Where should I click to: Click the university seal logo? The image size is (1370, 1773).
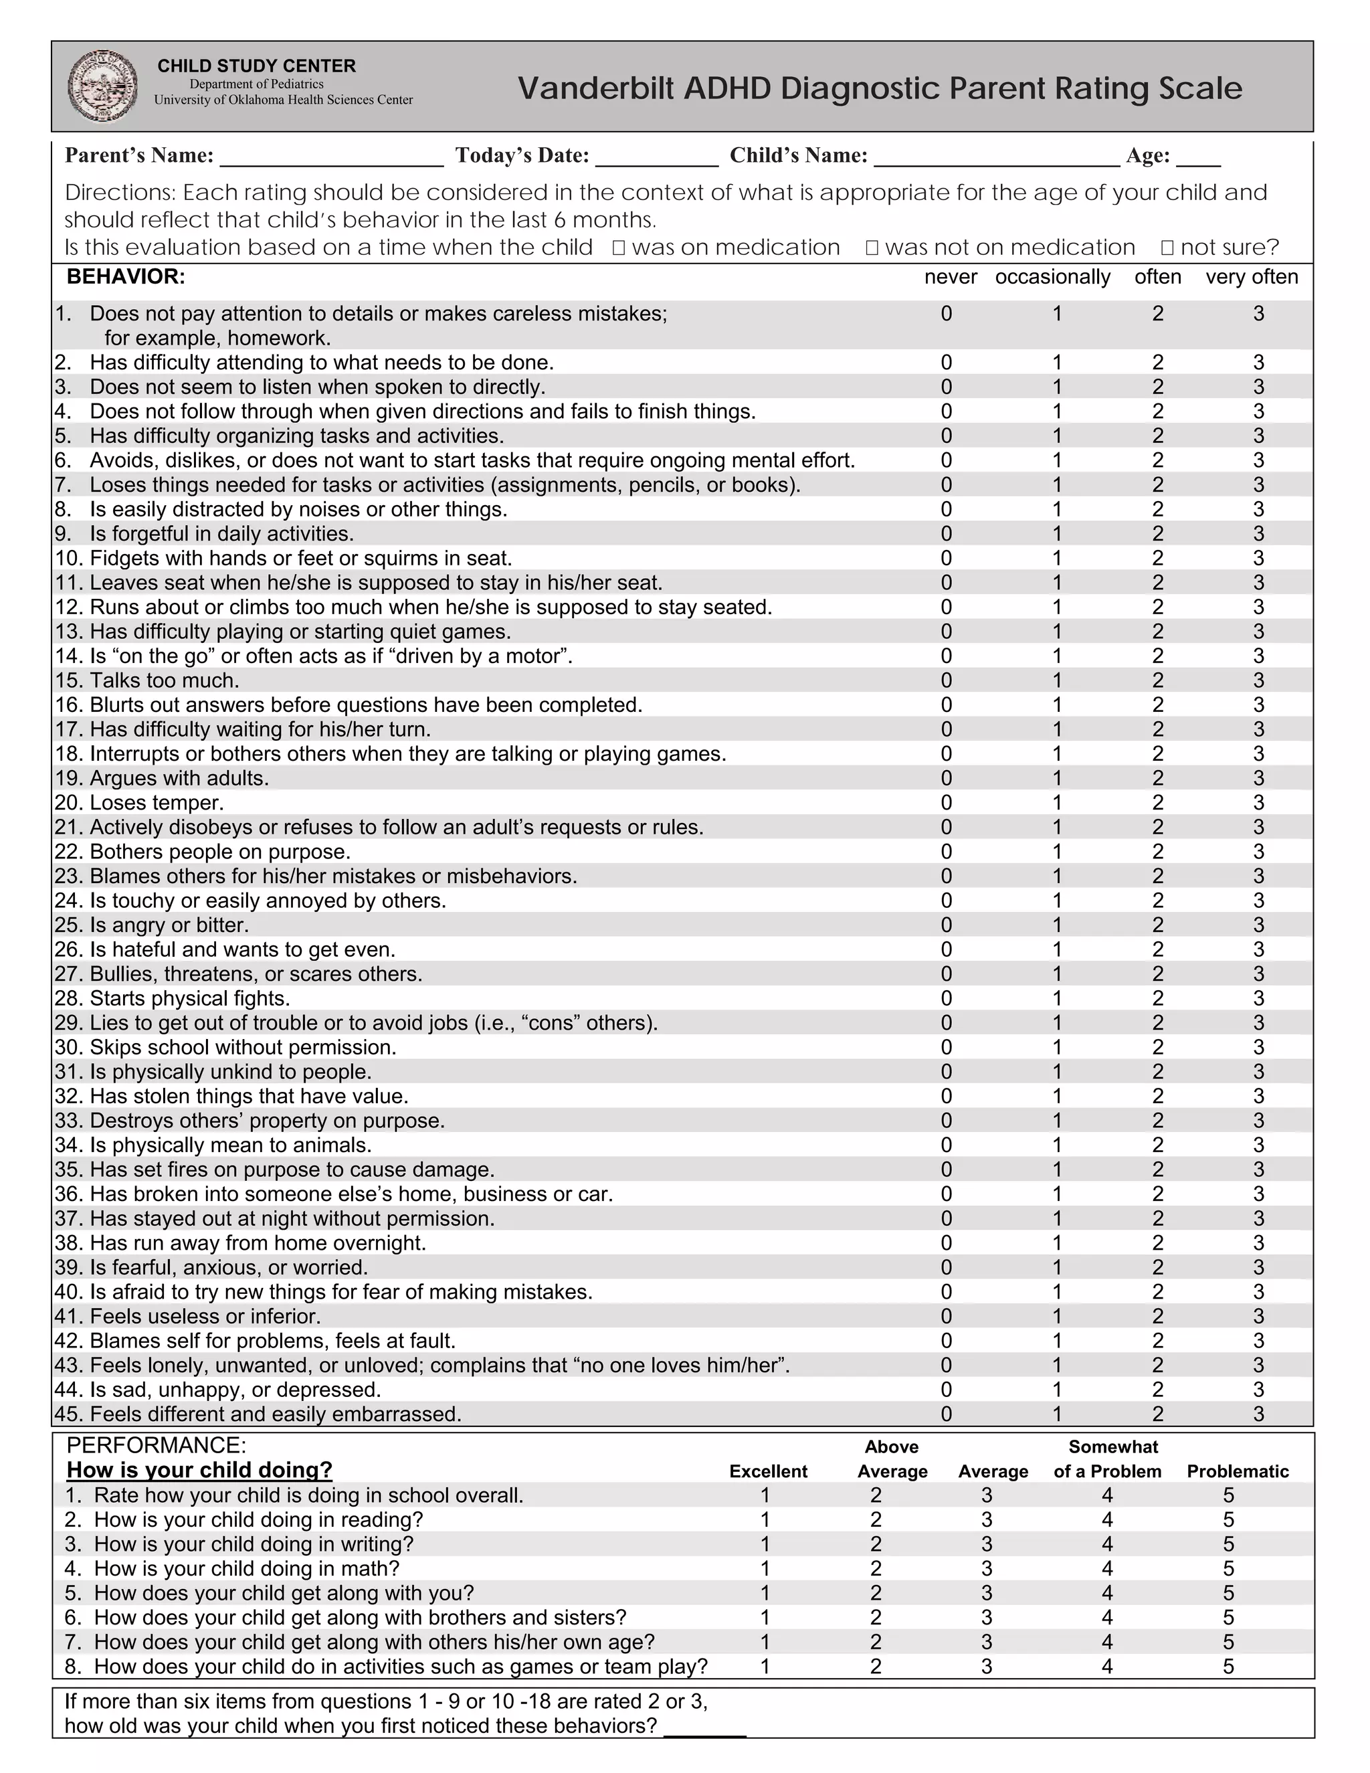pos(102,86)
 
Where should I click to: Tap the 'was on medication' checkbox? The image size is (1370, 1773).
pos(619,248)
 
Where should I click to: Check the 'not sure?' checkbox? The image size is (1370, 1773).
pos(1167,248)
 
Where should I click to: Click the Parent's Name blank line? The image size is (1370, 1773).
pos(331,157)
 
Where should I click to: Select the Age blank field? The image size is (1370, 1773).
pos(1198,157)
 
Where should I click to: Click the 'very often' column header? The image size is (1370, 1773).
pos(1252,277)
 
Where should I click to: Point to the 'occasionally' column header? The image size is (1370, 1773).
pos(1053,277)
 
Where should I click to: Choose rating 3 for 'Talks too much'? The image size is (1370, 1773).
pos(1258,680)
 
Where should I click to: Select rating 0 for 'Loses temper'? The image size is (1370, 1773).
pos(947,803)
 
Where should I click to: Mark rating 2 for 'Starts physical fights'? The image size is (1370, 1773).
pos(1157,998)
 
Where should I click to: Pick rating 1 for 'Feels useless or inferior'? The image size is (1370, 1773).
pos(1057,1316)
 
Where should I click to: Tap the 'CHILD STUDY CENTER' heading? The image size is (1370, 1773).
pos(256,66)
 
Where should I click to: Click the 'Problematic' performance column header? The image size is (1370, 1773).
pos(1238,1471)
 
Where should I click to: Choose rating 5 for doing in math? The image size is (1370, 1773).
pos(1228,1568)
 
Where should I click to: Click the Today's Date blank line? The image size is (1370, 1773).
pos(657,157)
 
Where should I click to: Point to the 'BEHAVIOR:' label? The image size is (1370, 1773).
pos(126,277)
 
